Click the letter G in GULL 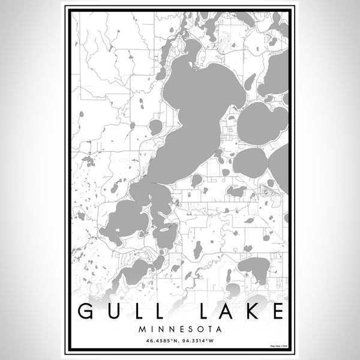(86, 313)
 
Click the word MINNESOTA (180, 329)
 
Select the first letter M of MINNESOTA (141, 329)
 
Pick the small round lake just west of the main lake (155, 127)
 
